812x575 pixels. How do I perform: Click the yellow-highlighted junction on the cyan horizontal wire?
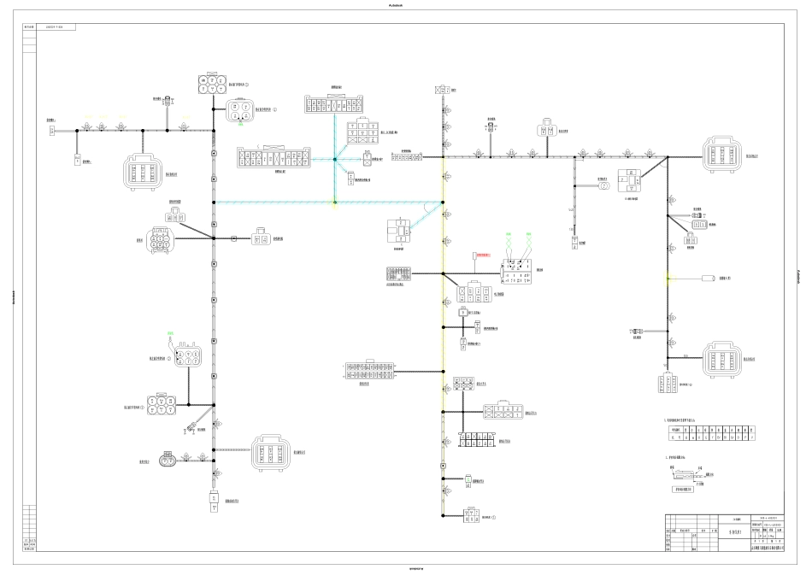click(335, 202)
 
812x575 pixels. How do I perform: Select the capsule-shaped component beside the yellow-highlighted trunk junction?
click(709, 279)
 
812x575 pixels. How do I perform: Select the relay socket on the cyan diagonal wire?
click(397, 231)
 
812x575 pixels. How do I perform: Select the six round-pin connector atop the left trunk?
click(209, 84)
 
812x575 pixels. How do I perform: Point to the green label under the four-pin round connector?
click(241, 126)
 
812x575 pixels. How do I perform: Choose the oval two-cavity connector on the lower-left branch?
click(168, 460)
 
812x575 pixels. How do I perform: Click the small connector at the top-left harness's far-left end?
click(52, 131)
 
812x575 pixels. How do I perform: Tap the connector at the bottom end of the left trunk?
click(214, 502)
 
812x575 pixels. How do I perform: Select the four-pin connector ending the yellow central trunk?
click(470, 514)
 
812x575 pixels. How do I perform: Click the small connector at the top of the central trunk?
click(443, 89)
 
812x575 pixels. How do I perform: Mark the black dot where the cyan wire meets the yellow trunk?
click(443, 203)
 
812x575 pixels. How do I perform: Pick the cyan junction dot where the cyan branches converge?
click(335, 158)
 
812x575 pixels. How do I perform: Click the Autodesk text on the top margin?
click(405, 4)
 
